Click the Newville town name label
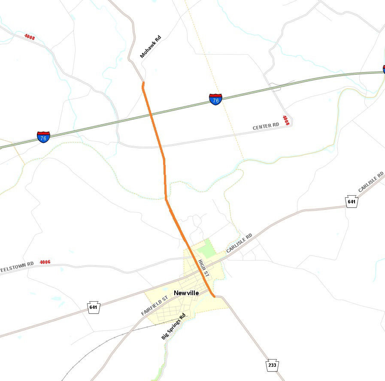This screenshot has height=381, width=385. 186,293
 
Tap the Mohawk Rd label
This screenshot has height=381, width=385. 150,47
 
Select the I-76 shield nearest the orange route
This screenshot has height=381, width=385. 216,100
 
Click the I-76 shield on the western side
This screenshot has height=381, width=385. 43,137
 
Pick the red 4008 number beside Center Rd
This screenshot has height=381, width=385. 286,121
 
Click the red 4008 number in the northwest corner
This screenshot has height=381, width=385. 30,37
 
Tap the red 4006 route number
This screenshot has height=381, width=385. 45,262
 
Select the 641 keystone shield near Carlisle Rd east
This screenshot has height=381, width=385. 352,201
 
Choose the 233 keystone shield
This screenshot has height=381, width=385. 272,366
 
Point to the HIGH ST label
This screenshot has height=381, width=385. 203,268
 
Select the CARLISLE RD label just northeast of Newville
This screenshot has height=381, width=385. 239,243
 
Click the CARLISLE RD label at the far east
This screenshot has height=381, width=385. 371,182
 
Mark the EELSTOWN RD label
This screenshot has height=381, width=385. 17,265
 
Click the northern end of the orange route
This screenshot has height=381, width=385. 143,83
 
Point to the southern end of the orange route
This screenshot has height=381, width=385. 213,296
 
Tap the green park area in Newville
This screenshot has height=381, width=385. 207,248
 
